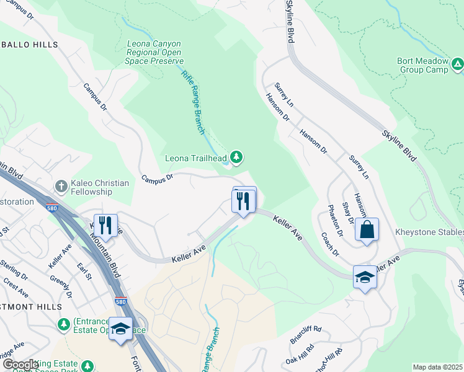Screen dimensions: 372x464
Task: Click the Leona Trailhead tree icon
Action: (236, 158)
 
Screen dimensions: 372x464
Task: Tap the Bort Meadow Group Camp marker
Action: (457, 63)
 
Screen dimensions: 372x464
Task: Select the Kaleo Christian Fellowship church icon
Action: (61, 185)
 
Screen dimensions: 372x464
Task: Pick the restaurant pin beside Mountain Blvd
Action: (104, 225)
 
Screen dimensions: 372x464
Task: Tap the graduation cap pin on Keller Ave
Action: (365, 277)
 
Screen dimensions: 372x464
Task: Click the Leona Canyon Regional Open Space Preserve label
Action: (154, 53)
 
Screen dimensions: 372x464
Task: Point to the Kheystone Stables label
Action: (429, 232)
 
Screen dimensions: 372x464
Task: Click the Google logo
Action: (20, 364)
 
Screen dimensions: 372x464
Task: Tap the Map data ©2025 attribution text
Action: (437, 367)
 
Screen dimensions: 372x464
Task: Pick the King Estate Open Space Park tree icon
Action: (87, 366)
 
